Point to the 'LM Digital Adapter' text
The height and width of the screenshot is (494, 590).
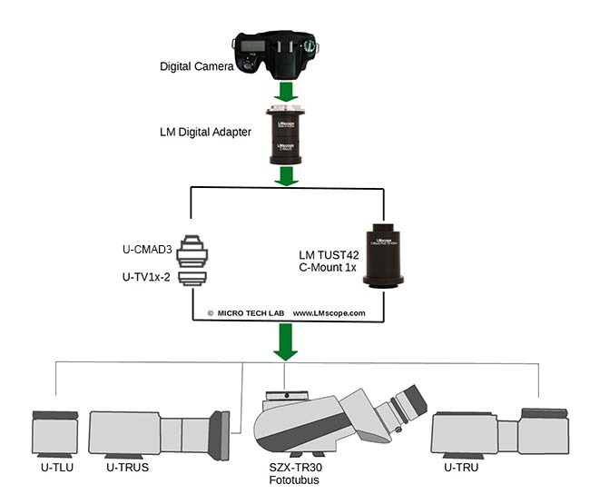[205, 133]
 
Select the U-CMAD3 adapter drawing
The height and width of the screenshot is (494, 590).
[192, 246]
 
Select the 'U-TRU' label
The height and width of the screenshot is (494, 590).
[459, 467]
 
